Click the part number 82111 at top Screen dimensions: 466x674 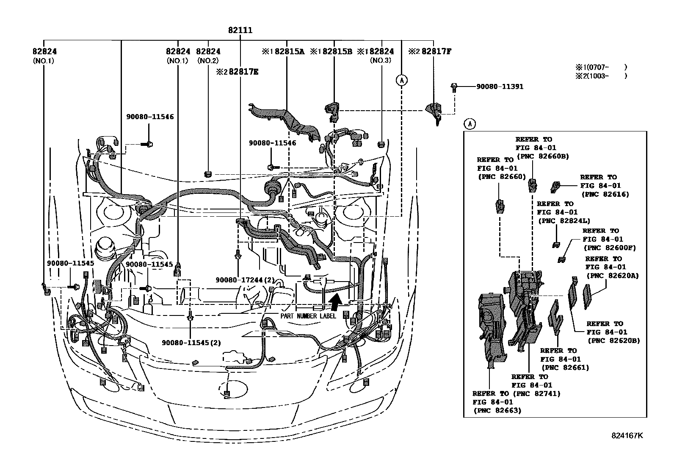click(240, 30)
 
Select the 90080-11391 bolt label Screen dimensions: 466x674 click(500, 87)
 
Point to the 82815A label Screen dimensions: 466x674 click(289, 51)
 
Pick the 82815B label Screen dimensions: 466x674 click(337, 51)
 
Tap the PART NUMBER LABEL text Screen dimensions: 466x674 click(308, 316)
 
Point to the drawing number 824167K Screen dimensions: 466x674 click(627, 435)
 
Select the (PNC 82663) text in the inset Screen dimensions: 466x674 click(497, 410)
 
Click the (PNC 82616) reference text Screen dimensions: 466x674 click(605, 194)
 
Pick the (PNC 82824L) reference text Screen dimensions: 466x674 click(564, 220)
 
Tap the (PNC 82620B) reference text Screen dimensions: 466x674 click(613, 340)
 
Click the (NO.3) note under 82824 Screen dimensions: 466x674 click(381, 61)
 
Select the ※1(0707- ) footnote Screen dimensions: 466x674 click(600, 67)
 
